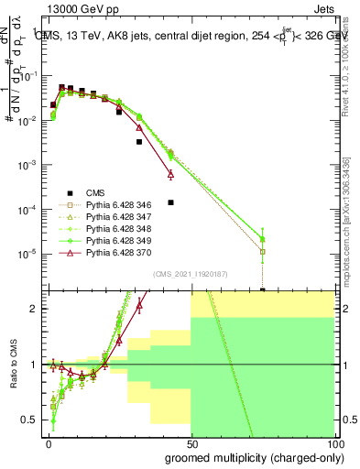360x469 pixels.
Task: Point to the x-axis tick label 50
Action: tap(191, 442)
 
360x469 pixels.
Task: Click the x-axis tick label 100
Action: tap(333, 442)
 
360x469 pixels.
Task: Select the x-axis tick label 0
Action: tap(49, 442)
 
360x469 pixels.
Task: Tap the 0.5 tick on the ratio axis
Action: tap(33, 420)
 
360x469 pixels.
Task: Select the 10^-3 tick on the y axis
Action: tap(27, 165)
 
